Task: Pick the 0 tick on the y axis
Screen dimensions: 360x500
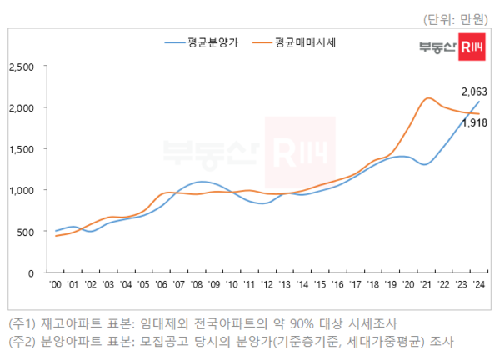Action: [x=31, y=272]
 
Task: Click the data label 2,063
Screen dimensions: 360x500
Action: [x=473, y=92]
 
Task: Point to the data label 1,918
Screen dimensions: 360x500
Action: [x=473, y=122]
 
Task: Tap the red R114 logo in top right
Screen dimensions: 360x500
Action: [x=472, y=50]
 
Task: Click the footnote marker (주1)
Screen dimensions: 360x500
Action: [x=21, y=322]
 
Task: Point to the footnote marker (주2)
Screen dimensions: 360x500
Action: [x=21, y=342]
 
